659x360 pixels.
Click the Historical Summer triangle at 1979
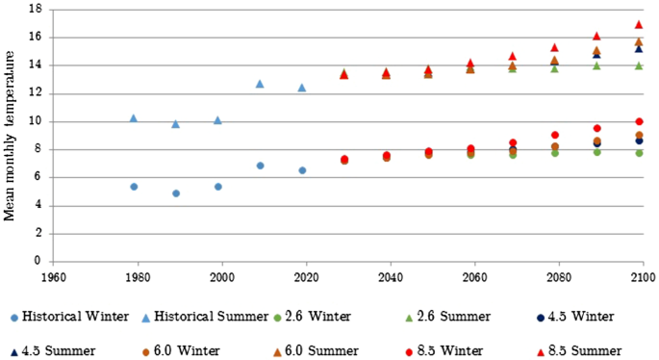[x=134, y=117]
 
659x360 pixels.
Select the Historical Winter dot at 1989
[x=176, y=193]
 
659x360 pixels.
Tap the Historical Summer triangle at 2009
[x=260, y=84]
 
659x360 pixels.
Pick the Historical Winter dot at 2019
[x=302, y=170]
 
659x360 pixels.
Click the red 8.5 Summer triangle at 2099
[x=639, y=24]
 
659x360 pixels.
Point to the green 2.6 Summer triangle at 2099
[x=639, y=65]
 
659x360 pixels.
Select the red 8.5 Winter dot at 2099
[x=639, y=121]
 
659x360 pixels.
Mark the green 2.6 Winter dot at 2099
[x=639, y=153]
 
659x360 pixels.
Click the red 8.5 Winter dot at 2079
[x=555, y=135]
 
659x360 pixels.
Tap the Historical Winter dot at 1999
[x=218, y=186]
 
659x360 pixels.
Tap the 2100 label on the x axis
[x=643, y=274]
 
